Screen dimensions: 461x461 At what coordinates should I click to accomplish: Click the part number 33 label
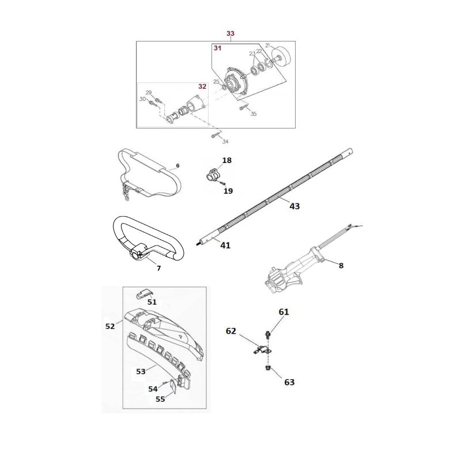[231, 34]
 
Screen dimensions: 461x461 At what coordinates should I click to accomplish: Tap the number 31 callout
[217, 49]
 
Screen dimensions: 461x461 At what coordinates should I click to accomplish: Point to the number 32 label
[202, 86]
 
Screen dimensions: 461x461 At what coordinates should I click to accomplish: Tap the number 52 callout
[110, 326]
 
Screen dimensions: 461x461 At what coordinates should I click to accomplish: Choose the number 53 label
[140, 371]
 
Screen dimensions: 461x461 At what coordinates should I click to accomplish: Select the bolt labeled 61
[268, 334]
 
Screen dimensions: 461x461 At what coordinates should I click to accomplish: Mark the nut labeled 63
[268, 368]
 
